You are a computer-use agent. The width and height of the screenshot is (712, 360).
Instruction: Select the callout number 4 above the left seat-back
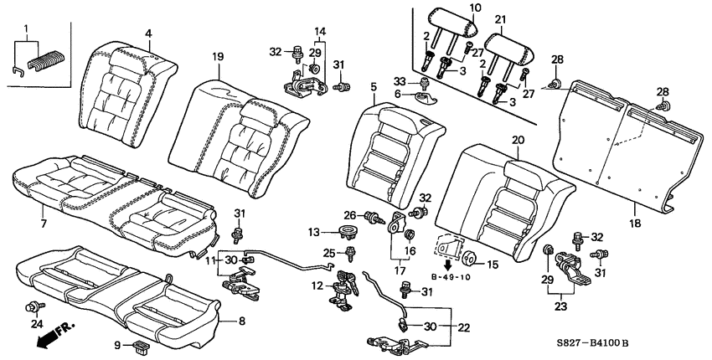pos(148,33)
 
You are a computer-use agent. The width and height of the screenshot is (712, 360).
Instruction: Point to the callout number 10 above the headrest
pos(475,8)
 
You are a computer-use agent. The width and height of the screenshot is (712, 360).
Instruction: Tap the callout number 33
pos(422,80)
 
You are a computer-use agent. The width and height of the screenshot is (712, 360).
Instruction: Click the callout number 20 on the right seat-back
pos(518,141)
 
